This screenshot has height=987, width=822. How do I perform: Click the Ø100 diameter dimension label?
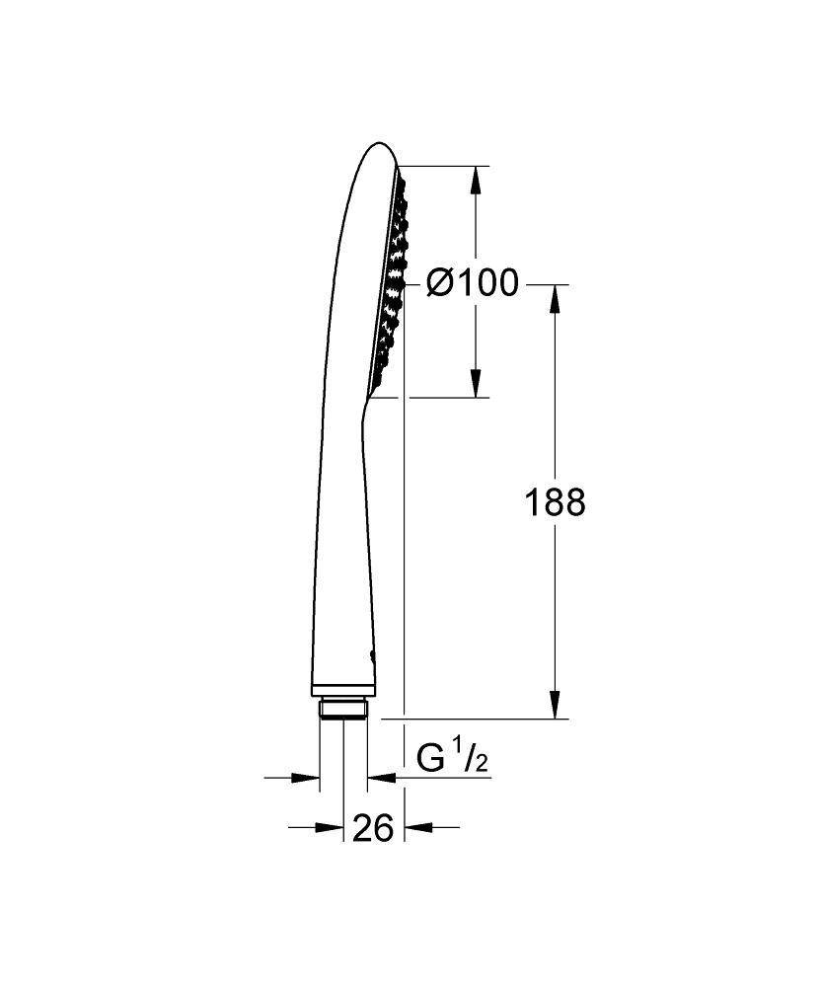pos(473,282)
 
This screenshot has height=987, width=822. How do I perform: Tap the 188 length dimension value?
pos(556,503)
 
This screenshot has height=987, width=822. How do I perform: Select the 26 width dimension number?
pos(373,827)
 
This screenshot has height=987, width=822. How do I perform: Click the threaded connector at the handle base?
pos(343,709)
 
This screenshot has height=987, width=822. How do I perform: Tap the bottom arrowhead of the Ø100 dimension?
pos(476,383)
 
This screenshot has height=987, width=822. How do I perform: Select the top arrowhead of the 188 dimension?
pos(555,299)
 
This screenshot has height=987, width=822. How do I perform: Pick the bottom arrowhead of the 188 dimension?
pos(555,705)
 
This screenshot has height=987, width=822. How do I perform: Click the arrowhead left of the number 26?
pos(329,827)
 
